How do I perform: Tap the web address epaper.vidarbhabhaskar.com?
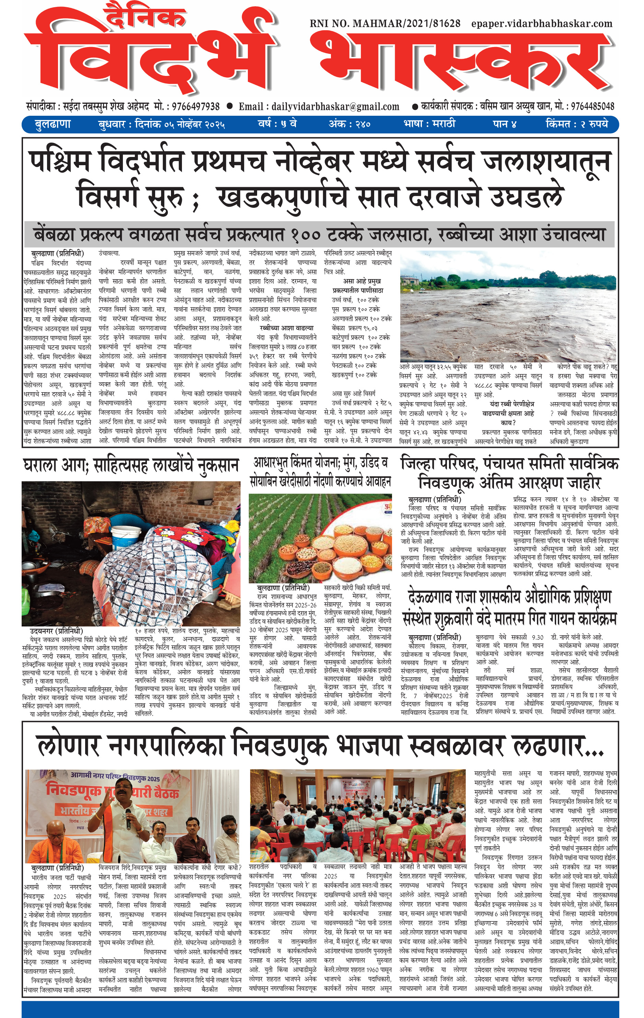(x=542, y=24)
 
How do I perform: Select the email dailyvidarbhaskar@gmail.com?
(x=319, y=106)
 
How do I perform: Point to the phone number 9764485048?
(x=593, y=106)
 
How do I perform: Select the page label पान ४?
(x=505, y=124)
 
